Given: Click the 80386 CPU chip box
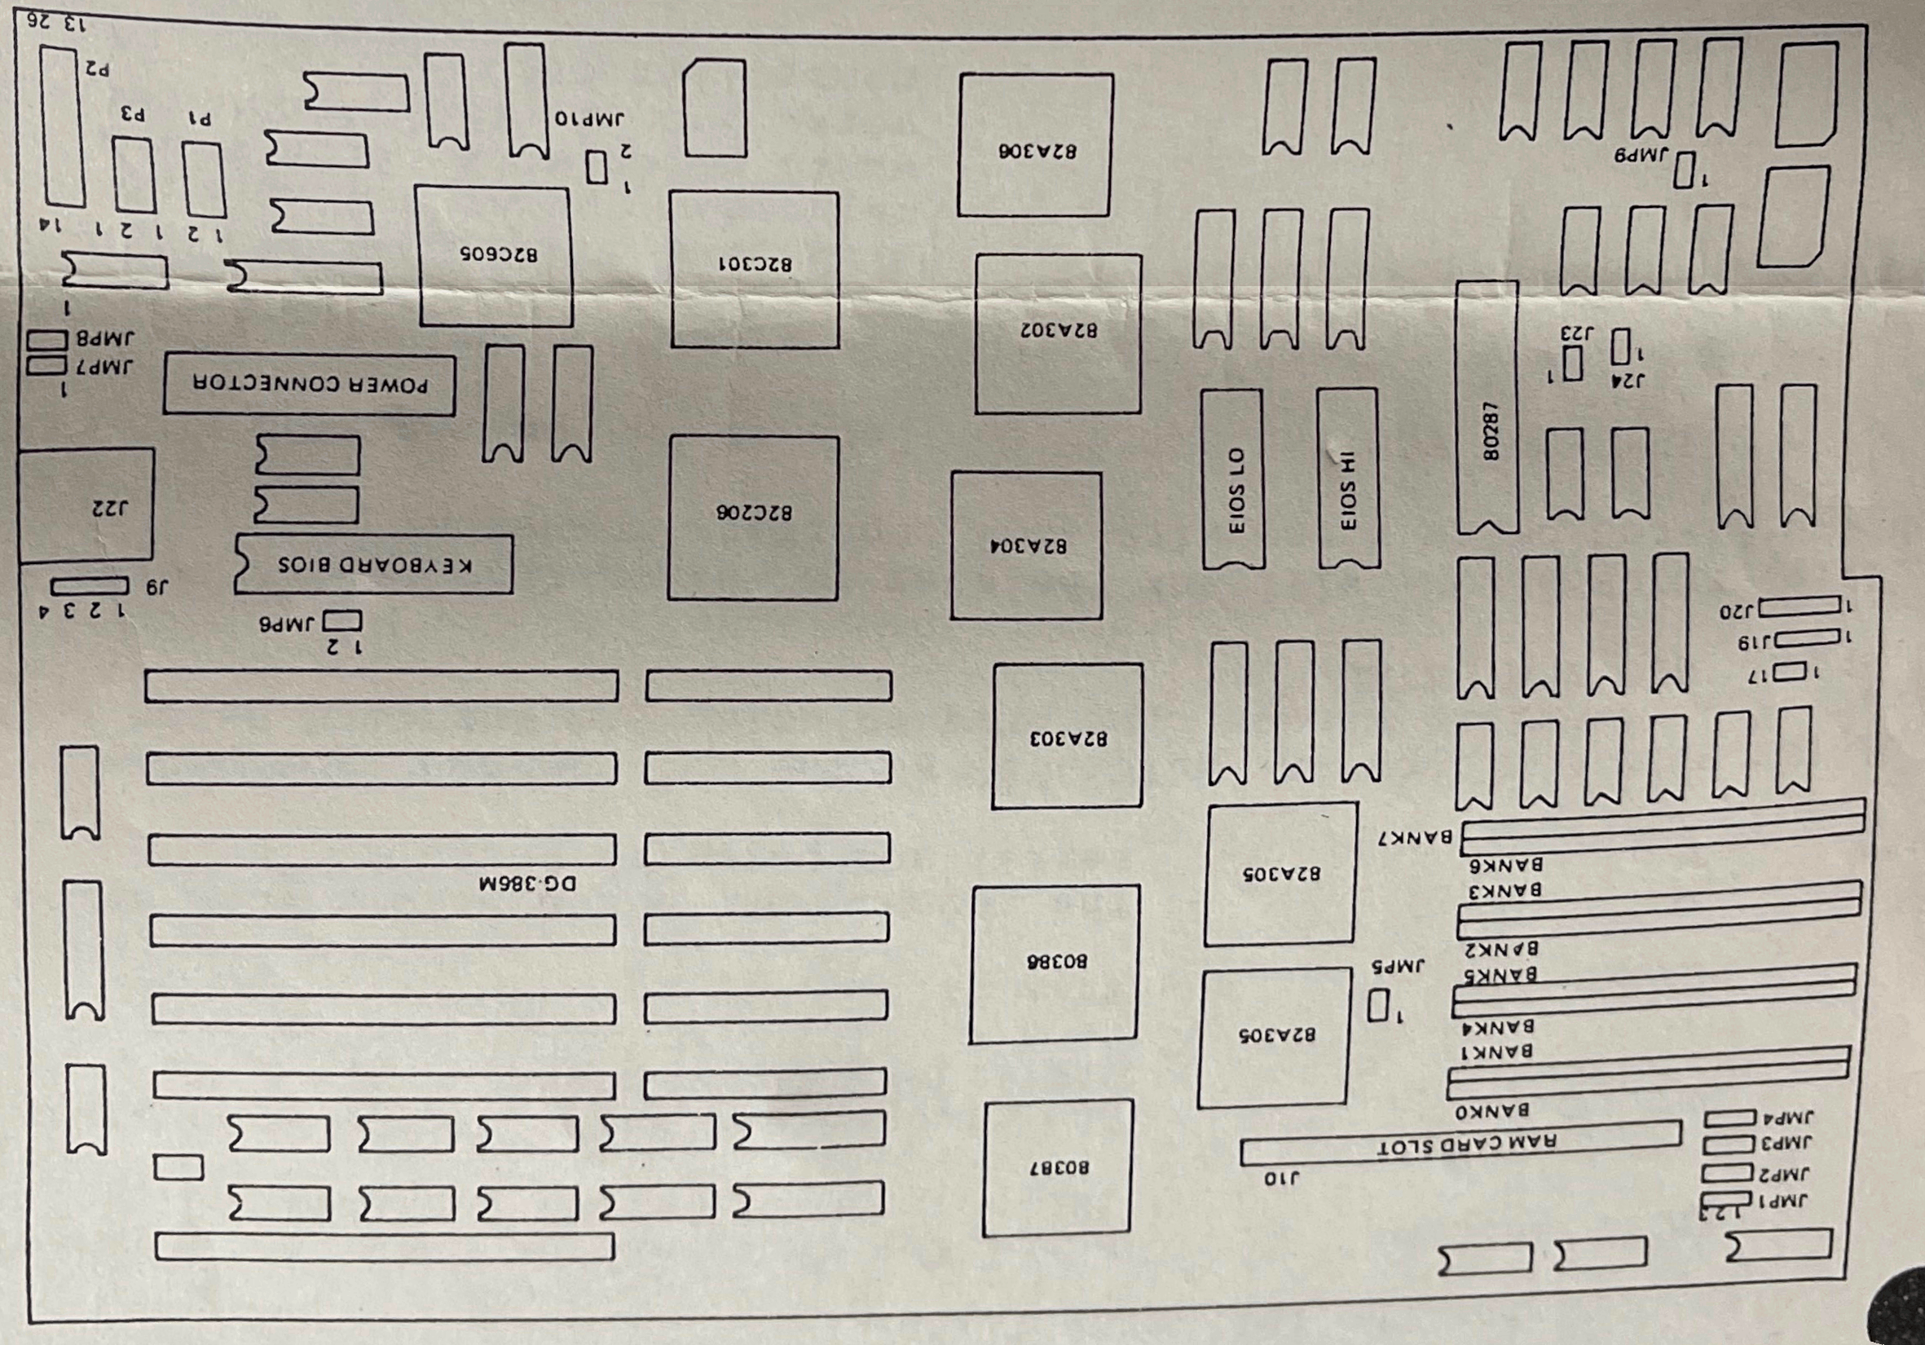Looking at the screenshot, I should [x=1055, y=964].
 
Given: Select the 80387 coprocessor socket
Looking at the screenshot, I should [x=1058, y=1168].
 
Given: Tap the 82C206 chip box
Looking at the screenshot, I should [x=753, y=518].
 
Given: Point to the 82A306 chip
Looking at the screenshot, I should [x=1037, y=145].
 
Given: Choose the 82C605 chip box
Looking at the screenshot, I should [x=496, y=257].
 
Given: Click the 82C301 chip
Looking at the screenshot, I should [x=755, y=269].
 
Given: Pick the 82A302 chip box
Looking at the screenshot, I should [x=1058, y=333].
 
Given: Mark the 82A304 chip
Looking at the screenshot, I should [x=1026, y=546].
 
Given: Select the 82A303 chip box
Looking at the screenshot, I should [x=1068, y=736].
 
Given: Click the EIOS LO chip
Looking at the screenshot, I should [x=1233, y=479].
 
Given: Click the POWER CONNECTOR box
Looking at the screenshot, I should [x=310, y=385].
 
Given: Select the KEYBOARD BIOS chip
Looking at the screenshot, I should [x=374, y=564].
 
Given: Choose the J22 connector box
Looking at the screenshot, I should [x=86, y=505].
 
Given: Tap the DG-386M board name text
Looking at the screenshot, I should [x=527, y=883].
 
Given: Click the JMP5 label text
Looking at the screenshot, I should [x=1398, y=966].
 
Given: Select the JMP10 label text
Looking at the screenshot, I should [x=589, y=118].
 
